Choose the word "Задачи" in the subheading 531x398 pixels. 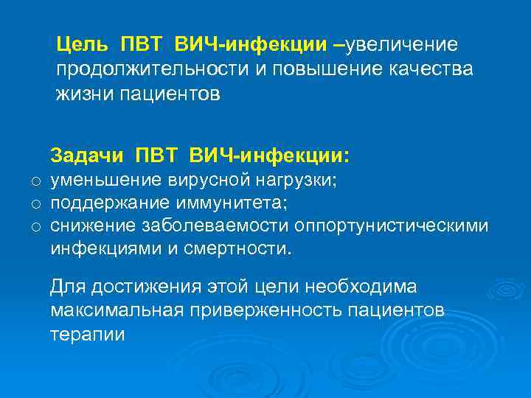(88, 156)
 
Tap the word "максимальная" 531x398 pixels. (115, 310)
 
